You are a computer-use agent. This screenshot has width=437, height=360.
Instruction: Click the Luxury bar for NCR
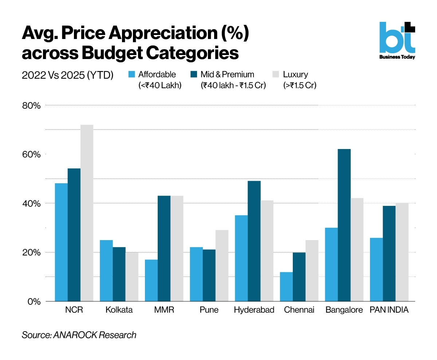87,213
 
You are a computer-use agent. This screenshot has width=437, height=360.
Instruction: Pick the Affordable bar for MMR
151,280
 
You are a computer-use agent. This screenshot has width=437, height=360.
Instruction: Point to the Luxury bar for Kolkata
132,277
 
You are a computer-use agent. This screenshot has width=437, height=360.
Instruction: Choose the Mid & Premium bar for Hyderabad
254,241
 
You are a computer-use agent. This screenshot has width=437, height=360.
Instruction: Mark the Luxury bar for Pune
222,266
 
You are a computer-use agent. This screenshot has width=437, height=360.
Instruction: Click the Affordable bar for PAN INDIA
376,270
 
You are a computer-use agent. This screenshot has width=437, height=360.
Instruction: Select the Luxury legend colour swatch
276,74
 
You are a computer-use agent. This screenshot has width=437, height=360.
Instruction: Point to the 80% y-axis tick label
31,106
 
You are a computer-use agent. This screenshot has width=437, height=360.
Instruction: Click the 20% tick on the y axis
31,253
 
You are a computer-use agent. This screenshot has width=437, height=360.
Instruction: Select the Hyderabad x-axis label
254,310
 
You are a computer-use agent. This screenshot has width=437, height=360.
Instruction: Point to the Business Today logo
397,40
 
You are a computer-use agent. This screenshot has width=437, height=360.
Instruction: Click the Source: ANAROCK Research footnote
79,335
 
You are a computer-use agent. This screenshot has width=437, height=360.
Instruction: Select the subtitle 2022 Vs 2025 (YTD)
67,75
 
